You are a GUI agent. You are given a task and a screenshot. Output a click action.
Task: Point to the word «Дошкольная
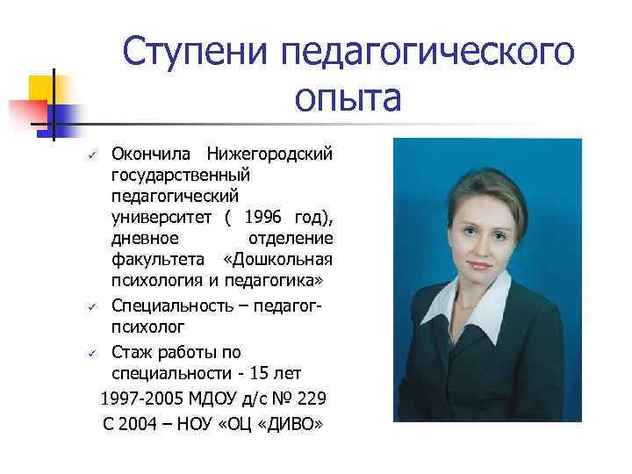(278, 259)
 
